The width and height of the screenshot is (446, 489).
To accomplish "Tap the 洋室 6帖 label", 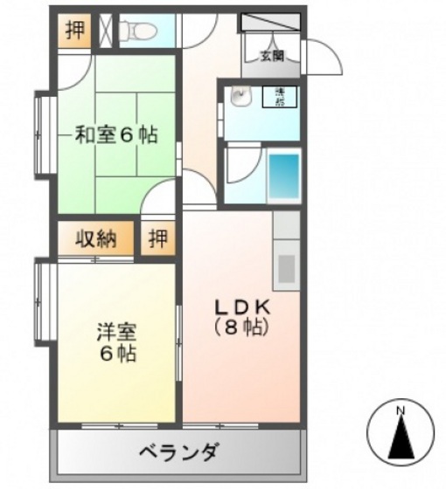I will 115,343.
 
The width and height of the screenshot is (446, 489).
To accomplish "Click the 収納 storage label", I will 94,238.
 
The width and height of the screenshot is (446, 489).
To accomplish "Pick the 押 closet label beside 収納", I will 157,238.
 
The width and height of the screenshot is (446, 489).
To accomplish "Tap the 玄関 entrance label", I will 271,57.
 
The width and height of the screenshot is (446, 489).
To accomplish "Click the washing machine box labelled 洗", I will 282,96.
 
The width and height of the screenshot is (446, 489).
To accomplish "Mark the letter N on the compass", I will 401,410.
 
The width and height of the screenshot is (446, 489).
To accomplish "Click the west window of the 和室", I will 39,134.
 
